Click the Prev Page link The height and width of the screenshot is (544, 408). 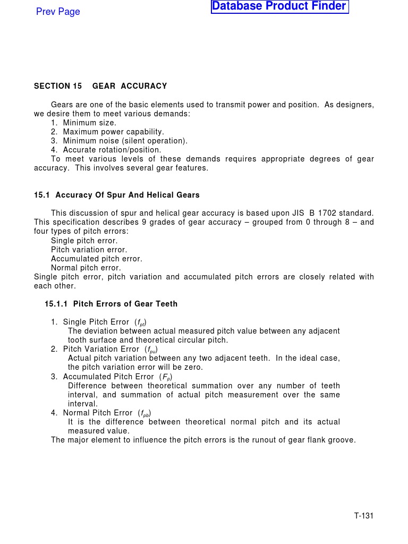coord(58,12)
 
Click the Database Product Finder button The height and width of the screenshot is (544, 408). coord(279,7)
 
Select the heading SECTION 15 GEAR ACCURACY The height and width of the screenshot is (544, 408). coord(100,86)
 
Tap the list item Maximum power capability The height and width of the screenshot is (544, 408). coord(113,132)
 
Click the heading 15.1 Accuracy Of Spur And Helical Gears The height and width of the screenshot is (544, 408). coord(117,195)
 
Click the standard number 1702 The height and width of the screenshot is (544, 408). coord(325,213)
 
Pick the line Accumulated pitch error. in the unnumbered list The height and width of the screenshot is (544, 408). coord(96,259)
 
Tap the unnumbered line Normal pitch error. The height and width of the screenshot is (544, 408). coord(86,268)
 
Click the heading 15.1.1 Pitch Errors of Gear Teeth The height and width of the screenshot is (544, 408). coord(111,304)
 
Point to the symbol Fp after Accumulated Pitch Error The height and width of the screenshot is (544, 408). coord(166,377)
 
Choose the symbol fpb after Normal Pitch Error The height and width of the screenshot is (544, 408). coord(144,413)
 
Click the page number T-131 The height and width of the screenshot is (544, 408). coord(364,516)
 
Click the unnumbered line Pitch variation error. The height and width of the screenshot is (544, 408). coord(89,250)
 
